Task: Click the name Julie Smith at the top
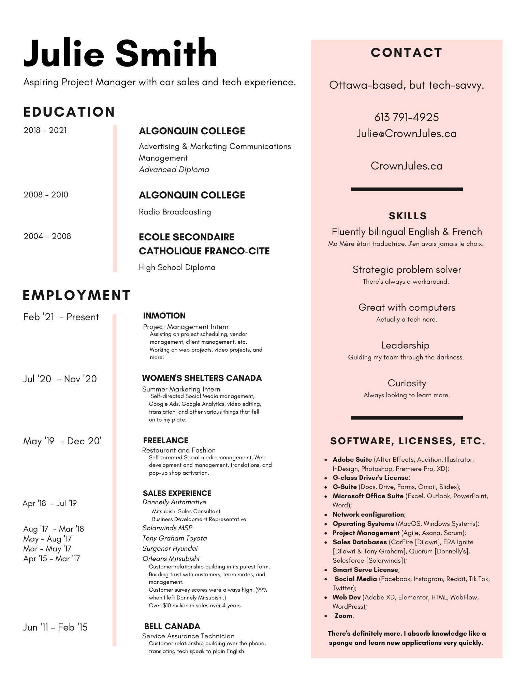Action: tap(120, 54)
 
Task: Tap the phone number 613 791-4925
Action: tap(406, 117)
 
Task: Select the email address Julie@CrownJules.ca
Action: tap(406, 134)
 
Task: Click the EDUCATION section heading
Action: tap(69, 112)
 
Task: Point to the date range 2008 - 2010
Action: tap(46, 195)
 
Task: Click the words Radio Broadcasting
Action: tap(175, 212)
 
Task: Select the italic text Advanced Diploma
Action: tap(174, 169)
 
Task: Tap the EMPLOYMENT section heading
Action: tap(77, 295)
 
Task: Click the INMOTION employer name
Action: tap(164, 316)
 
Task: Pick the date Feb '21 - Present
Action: tap(61, 317)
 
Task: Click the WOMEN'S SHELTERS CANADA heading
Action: tap(202, 378)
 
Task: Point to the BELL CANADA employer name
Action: tap(172, 626)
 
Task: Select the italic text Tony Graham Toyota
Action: tap(174, 538)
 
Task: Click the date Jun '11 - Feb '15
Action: tap(55, 627)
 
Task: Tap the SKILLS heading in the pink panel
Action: tap(408, 216)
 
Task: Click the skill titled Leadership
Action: tap(405, 345)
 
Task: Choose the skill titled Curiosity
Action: tap(407, 383)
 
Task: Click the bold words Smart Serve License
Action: tap(365, 570)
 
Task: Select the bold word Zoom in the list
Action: tap(343, 616)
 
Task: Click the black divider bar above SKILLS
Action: tap(407, 189)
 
